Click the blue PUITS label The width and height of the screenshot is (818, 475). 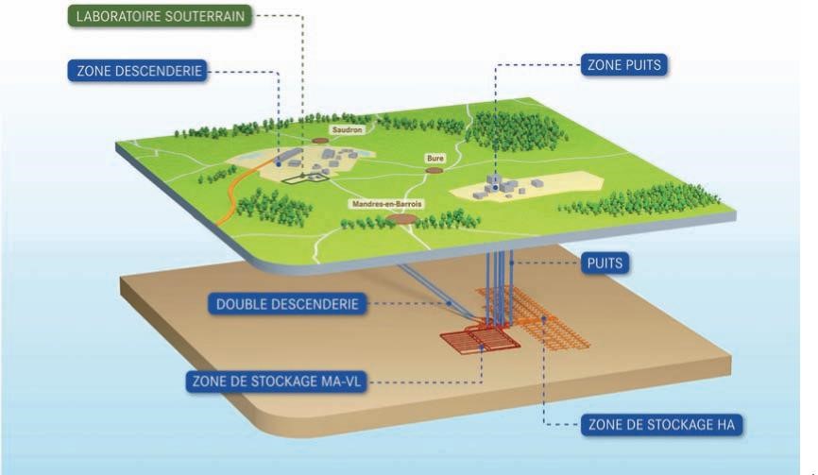(x=603, y=263)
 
